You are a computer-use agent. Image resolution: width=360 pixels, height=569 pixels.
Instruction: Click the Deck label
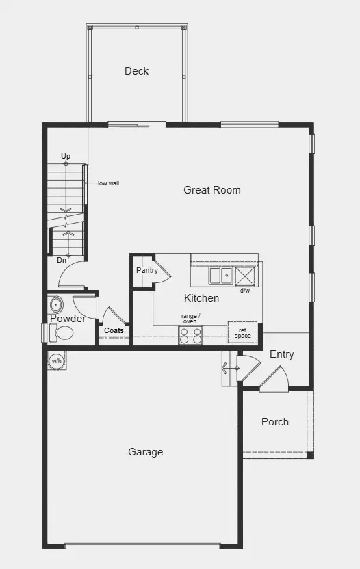136,71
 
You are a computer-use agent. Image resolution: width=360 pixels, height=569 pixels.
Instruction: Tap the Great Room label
212,190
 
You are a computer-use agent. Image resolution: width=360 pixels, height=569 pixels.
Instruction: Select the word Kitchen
202,298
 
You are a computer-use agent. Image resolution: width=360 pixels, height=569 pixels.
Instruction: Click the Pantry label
146,271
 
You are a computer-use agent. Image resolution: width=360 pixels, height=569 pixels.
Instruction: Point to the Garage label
146,452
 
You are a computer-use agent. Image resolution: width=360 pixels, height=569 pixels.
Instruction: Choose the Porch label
275,422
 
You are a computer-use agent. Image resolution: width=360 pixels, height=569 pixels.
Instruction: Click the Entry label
281,354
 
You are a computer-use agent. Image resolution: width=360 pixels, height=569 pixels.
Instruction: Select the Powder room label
68,319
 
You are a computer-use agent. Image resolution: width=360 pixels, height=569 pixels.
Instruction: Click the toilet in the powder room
64,334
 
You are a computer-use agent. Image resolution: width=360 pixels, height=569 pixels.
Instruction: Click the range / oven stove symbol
190,335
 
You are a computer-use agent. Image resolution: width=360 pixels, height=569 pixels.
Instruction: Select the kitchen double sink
220,276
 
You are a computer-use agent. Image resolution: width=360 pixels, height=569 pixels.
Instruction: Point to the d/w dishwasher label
244,291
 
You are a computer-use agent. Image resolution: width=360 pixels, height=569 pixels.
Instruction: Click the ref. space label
243,332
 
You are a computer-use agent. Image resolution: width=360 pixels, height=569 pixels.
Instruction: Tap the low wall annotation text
108,183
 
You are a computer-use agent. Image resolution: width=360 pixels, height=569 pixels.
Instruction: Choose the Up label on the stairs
66,157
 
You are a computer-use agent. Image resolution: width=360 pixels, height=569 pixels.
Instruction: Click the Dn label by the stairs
62,259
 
